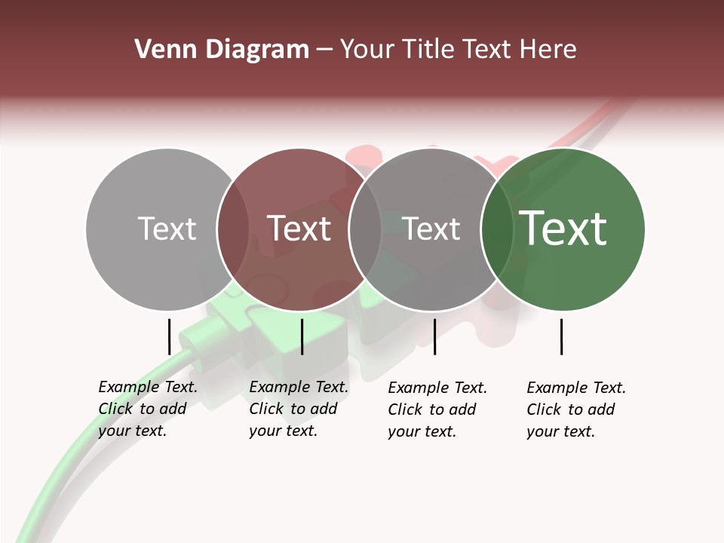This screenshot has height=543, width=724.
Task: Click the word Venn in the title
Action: click(158, 50)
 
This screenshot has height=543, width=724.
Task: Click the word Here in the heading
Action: click(548, 50)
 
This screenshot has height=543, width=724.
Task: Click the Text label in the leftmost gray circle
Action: click(167, 229)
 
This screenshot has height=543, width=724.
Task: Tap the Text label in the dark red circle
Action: click(299, 229)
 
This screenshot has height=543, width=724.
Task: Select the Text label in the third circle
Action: click(431, 229)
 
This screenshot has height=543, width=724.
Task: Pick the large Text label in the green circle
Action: click(563, 229)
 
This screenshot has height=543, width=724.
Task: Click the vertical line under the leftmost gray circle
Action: click(169, 336)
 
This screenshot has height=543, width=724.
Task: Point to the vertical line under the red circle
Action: click(302, 336)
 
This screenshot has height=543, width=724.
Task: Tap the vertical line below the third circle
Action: click(434, 336)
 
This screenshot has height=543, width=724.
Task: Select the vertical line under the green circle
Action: click(561, 336)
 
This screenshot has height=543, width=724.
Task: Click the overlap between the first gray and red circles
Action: click(233, 229)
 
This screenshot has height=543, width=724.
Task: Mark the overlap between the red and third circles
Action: click(365, 229)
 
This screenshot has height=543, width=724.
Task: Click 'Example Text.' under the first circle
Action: click(148, 387)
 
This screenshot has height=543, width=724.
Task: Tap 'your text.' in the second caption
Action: click(283, 431)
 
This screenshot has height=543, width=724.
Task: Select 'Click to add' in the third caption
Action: click(431, 410)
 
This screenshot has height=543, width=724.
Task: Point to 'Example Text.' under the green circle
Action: click(576, 388)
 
